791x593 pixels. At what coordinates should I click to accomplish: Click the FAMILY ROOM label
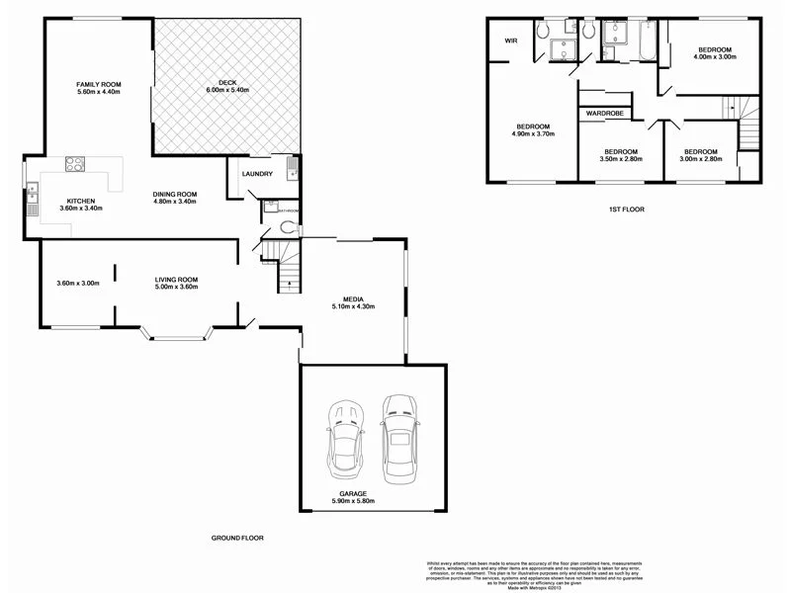click(98, 86)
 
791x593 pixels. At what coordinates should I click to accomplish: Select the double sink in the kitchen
click(33, 204)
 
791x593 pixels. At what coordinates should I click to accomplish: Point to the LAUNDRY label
click(257, 174)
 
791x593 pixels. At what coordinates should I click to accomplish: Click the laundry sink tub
click(291, 166)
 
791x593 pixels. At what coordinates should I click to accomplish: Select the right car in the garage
click(400, 434)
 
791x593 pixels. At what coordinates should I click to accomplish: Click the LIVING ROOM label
click(176, 281)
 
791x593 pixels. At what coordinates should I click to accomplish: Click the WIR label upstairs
click(511, 41)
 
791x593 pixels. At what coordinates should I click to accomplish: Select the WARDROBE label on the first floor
click(604, 114)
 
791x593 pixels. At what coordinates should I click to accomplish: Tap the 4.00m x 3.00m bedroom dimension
click(713, 57)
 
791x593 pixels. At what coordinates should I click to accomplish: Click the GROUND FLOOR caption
click(237, 538)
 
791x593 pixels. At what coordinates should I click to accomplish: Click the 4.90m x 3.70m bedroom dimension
click(532, 133)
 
